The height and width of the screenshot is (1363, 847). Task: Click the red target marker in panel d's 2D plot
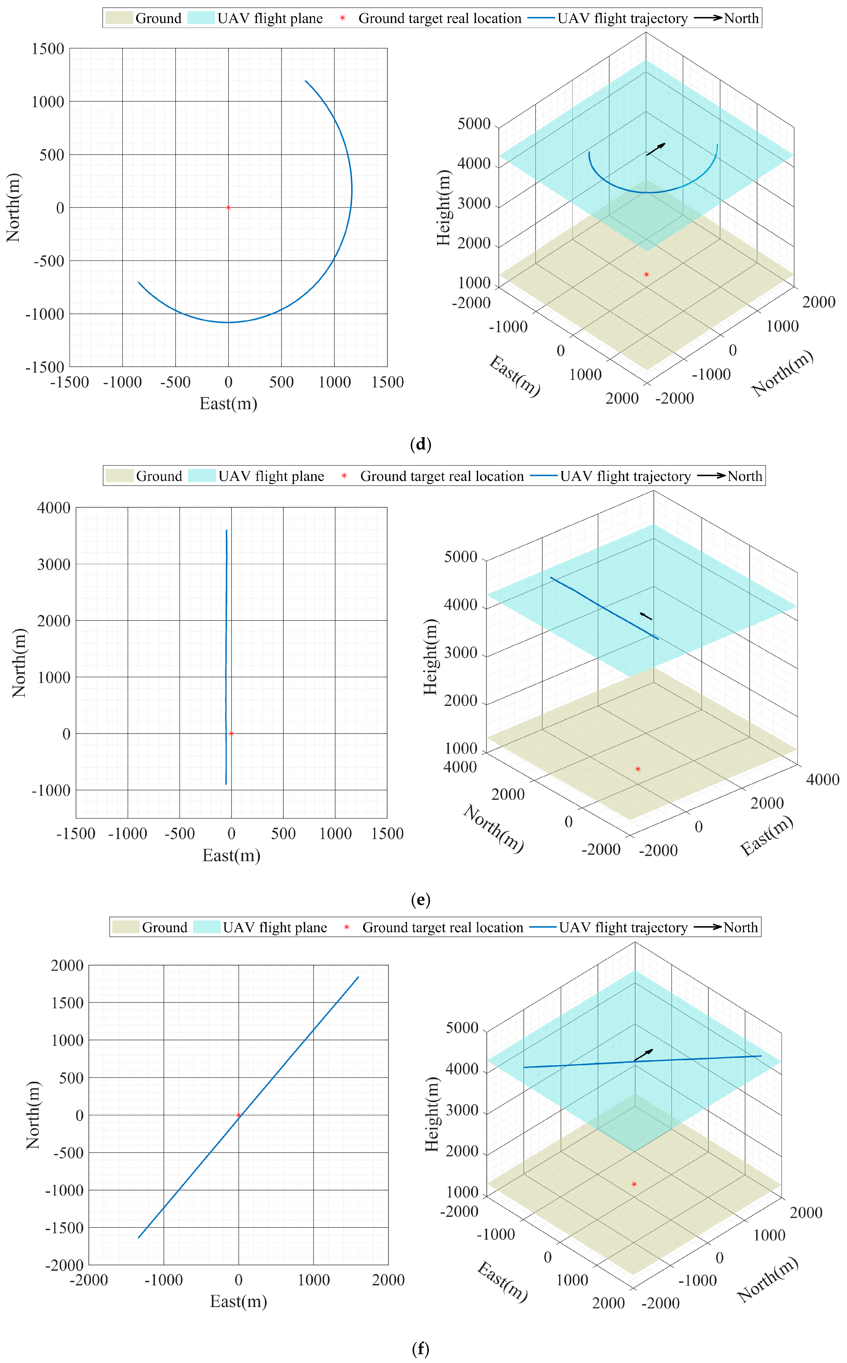point(228,207)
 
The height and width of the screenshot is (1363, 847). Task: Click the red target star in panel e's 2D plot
point(231,733)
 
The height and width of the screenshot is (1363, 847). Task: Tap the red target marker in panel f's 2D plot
point(239,1115)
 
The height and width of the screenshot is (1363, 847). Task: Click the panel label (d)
point(421,445)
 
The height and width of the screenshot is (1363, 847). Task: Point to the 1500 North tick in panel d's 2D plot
point(48,49)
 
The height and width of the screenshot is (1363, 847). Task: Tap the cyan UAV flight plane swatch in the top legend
point(201,18)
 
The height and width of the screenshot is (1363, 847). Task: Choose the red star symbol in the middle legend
point(344,476)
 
